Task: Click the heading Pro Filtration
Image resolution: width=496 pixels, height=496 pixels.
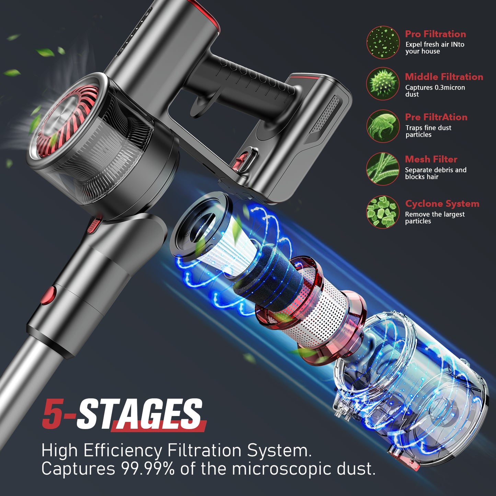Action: pyautogui.click(x=435, y=34)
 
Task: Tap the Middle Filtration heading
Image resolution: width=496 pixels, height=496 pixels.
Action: pyautogui.click(x=444, y=77)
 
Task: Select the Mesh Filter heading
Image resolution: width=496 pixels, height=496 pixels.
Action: pyautogui.click(x=431, y=159)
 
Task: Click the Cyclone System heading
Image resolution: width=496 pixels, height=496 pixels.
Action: pyautogui.click(x=442, y=204)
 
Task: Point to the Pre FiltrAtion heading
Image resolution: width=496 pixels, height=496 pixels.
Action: pyautogui.click(x=436, y=117)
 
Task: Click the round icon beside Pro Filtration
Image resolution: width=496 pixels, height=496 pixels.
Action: pyautogui.click(x=383, y=43)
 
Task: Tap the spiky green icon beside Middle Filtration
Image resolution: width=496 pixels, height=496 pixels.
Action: pyautogui.click(x=383, y=84)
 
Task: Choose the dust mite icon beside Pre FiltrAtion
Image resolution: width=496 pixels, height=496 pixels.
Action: pyautogui.click(x=383, y=126)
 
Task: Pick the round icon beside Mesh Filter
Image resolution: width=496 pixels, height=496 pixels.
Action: pyautogui.click(x=383, y=169)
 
